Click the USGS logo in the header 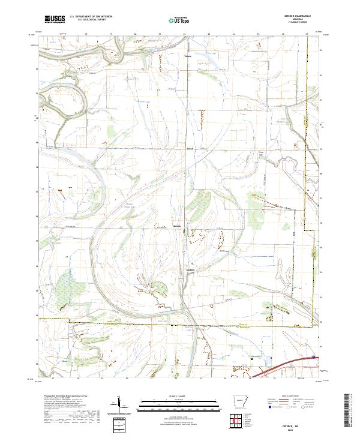click(53, 19)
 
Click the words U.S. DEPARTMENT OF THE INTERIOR click(91, 17)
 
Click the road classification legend click(294, 403)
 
